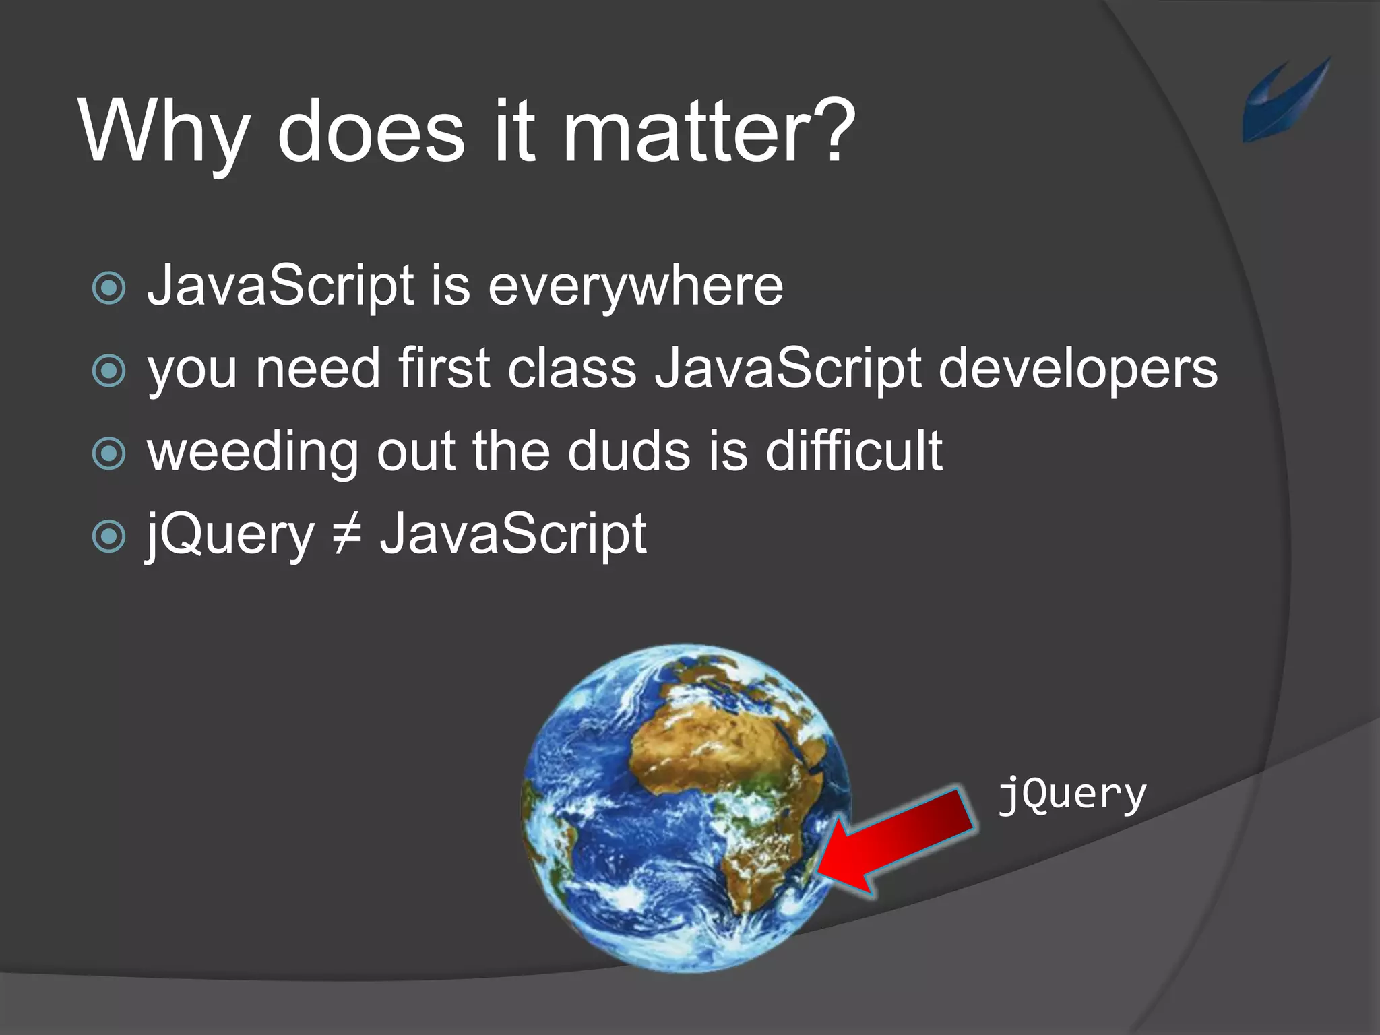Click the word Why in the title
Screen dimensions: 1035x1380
pos(165,131)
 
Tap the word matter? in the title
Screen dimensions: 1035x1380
pos(708,131)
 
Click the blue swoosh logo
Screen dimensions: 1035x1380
pos(1284,101)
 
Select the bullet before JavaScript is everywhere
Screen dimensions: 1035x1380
pos(108,288)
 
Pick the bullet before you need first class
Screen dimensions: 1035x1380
pos(108,371)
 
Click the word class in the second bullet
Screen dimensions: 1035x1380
pos(571,369)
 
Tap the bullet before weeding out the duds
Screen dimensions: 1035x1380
pos(108,453)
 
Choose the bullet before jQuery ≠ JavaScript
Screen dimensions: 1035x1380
pos(108,536)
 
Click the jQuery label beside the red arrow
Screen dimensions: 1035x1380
pos(1071,795)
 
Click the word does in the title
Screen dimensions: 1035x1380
pos(371,131)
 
